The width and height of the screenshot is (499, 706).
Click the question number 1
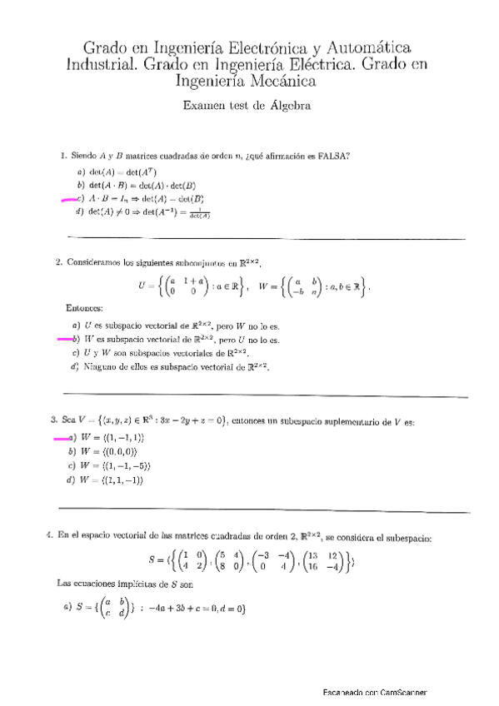63,156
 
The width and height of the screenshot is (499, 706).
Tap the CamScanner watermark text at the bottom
377,693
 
